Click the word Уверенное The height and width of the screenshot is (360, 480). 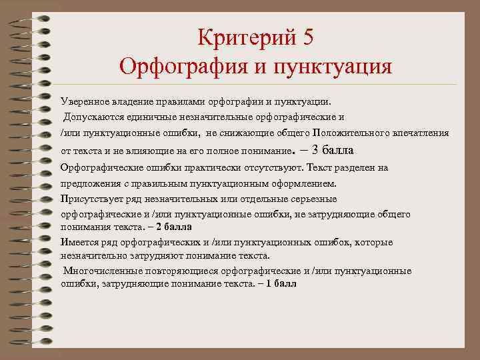click(83, 102)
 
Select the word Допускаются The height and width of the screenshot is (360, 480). click(90, 117)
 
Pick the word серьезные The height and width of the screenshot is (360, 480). click(315, 199)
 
